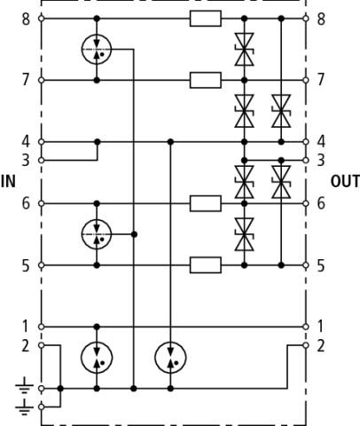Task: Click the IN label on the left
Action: [x=8, y=181]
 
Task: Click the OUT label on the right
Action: [x=345, y=181]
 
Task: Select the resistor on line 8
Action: [x=206, y=19]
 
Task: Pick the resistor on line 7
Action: [x=206, y=80]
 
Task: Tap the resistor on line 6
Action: [x=206, y=203]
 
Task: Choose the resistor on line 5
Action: [x=206, y=265]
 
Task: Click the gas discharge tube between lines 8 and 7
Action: [x=97, y=50]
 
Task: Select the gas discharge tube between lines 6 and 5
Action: [x=97, y=234]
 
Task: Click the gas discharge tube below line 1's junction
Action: [x=97, y=358]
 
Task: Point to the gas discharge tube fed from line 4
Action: [x=170, y=358]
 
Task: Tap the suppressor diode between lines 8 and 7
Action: [x=244, y=50]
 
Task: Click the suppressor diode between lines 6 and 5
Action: [x=244, y=234]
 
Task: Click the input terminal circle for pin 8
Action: [x=42, y=19]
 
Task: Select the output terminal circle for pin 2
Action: [x=306, y=345]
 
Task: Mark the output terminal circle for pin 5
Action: [x=306, y=265]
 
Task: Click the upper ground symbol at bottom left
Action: [x=24, y=385]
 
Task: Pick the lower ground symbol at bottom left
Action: [x=24, y=407]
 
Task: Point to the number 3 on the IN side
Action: [x=26, y=161]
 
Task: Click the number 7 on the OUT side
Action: [x=321, y=80]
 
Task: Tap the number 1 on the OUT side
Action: [x=320, y=327]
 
